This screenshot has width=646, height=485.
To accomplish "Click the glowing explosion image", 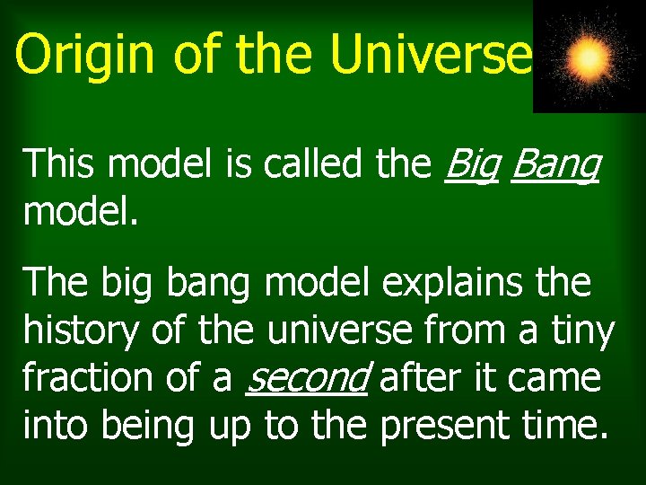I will pyautogui.click(x=589, y=57).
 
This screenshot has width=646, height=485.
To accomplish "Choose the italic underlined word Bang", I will pyautogui.click(x=554, y=166).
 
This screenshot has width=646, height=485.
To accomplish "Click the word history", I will pyautogui.click(x=79, y=332).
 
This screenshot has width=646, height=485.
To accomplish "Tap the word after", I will pyautogui.click(x=421, y=378).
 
